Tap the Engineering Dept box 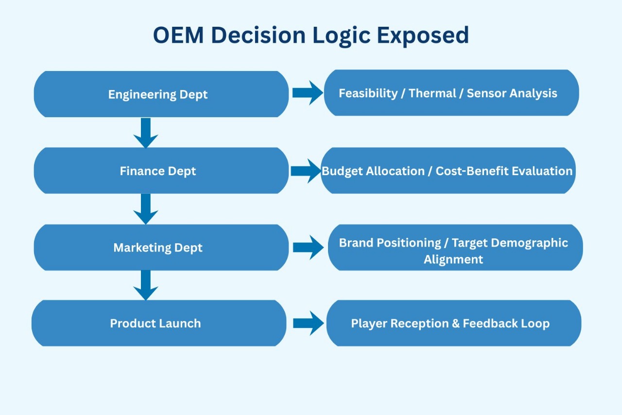[x=161, y=94]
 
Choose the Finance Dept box [x=161, y=171]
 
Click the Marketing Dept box [x=161, y=248]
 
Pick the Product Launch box [x=158, y=324]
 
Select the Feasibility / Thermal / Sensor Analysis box [x=451, y=93]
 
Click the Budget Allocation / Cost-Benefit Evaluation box [x=448, y=171]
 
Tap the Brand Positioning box [x=455, y=248]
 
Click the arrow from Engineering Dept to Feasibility [x=307, y=93]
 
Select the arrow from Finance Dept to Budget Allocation [x=306, y=171]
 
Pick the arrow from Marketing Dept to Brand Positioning [x=308, y=248]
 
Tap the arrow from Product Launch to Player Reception [x=308, y=324]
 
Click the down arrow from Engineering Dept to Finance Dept [x=146, y=132]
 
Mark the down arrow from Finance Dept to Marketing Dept [x=146, y=209]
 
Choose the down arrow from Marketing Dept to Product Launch [x=146, y=285]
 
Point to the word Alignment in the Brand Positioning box [x=453, y=259]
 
